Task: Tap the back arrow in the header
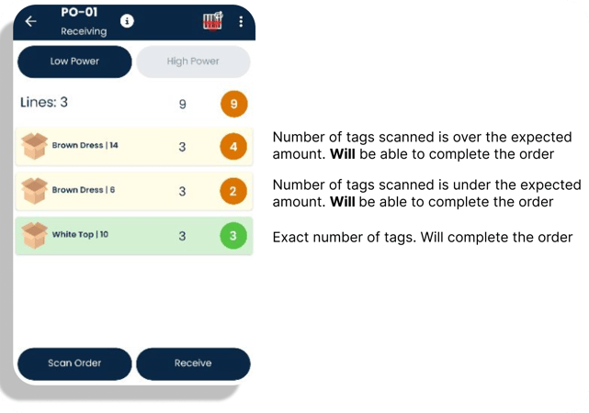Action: click(x=30, y=21)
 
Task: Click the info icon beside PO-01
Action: click(x=127, y=21)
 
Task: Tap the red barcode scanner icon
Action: click(x=212, y=20)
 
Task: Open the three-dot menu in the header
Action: click(x=241, y=21)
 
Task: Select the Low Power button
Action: click(x=74, y=61)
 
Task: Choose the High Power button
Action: click(x=193, y=61)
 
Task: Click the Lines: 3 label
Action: click(x=44, y=102)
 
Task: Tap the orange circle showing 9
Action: click(x=234, y=104)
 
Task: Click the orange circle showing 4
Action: click(x=233, y=146)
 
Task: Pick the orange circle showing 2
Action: click(x=233, y=191)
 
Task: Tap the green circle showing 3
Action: click(x=233, y=236)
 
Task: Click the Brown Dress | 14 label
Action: click(x=85, y=145)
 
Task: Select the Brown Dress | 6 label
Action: click(x=84, y=190)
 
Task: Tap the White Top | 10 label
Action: click(x=80, y=234)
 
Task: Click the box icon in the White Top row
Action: click(x=34, y=236)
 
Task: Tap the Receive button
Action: click(x=193, y=363)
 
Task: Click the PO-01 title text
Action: click(x=79, y=12)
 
